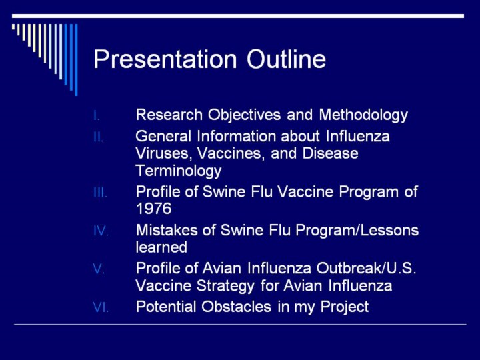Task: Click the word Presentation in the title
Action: tap(165, 59)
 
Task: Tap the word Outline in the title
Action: tap(286, 59)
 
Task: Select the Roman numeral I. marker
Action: tap(97, 116)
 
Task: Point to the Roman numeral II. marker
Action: tap(98, 137)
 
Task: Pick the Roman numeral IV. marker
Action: tap(101, 231)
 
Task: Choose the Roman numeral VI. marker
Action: tap(101, 307)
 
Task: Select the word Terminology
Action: tap(179, 171)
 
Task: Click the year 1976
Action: tap(154, 209)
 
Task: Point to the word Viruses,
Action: tap(164, 154)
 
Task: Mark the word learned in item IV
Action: tap(161, 247)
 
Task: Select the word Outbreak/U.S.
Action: tap(367, 269)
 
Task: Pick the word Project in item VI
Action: tap(345, 307)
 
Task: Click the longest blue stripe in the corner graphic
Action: tap(76, 60)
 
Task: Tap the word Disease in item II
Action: tap(330, 153)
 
